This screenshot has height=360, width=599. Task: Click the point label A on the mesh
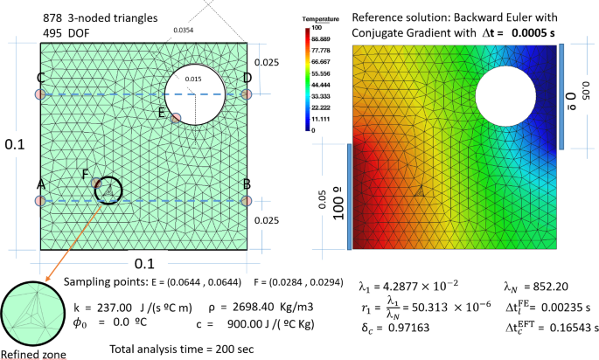(x=40, y=184)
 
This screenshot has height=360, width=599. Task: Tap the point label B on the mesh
(x=247, y=184)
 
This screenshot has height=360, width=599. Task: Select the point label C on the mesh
(x=40, y=77)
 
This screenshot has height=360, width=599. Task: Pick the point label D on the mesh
(x=247, y=78)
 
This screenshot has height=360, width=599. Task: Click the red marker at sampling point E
(x=176, y=117)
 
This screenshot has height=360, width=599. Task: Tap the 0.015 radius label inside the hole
(x=192, y=80)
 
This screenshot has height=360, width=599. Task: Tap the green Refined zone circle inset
(x=31, y=312)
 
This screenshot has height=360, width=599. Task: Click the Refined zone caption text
(x=31, y=354)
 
